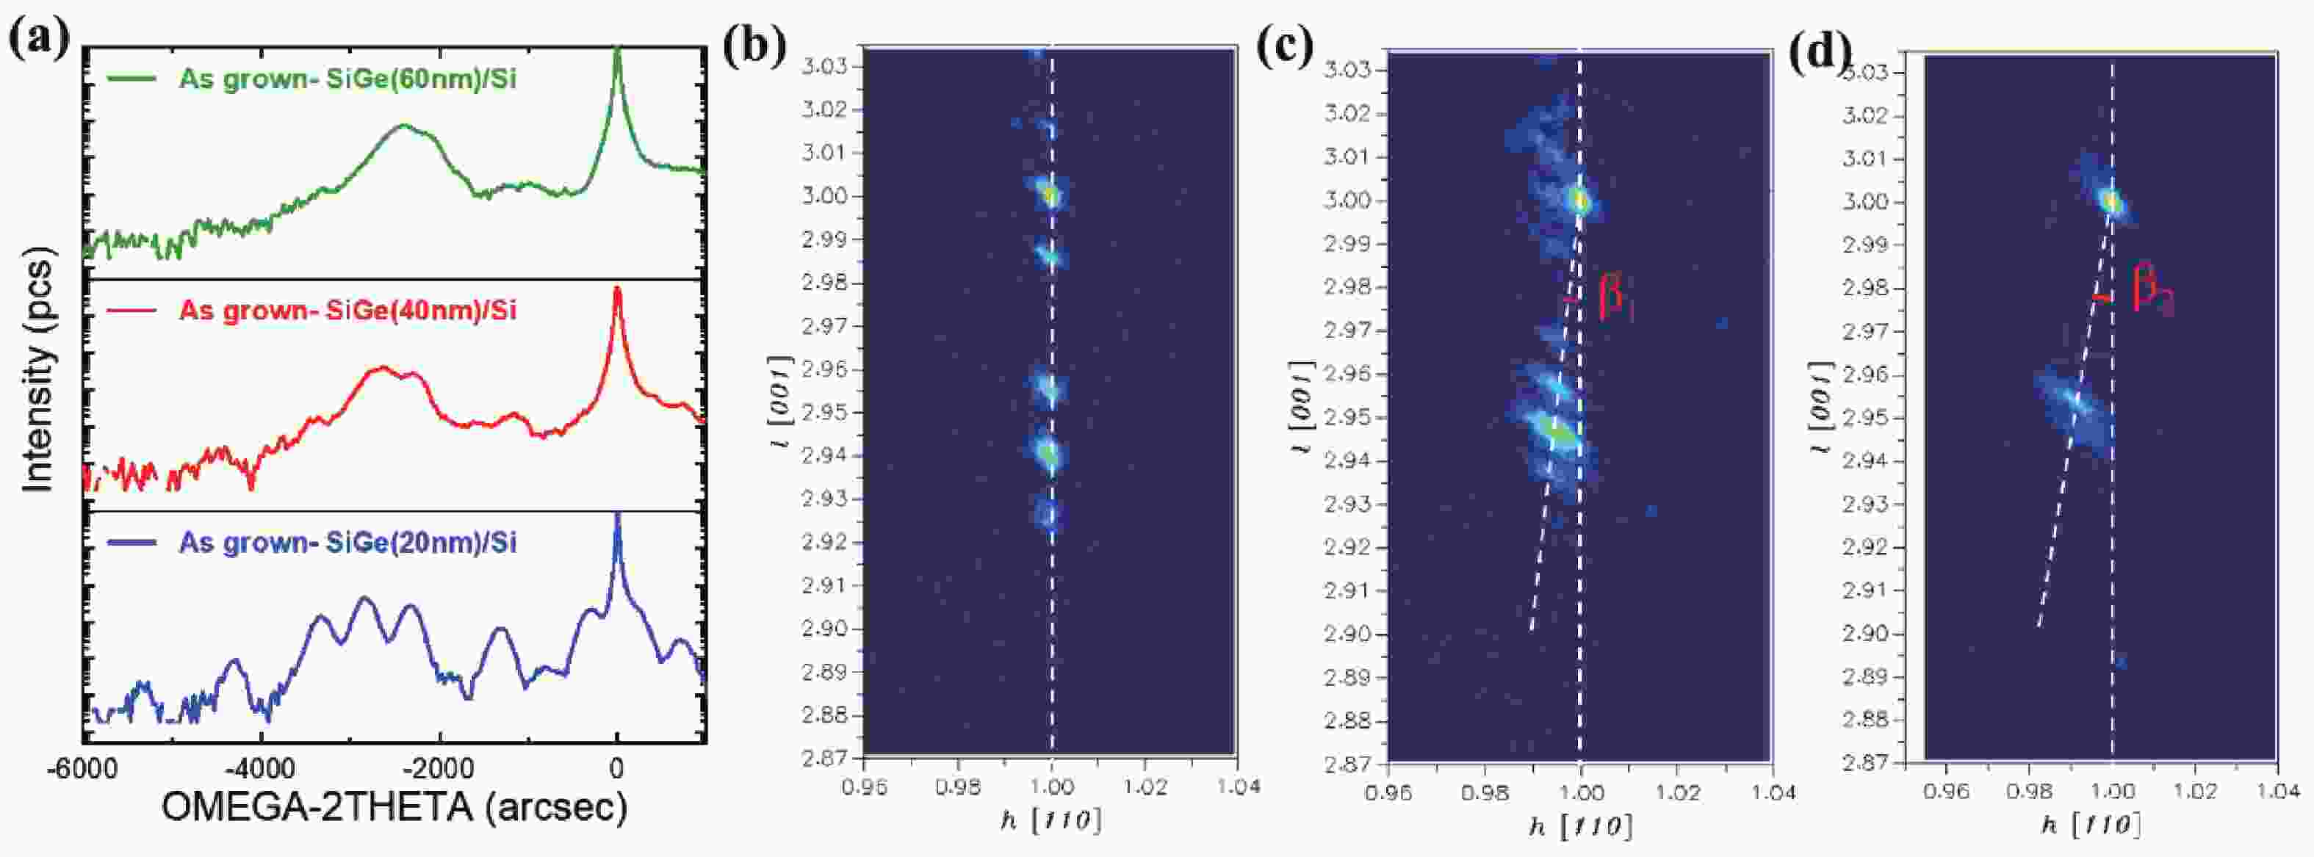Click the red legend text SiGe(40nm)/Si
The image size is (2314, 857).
click(347, 311)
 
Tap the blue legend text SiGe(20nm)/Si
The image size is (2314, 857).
click(347, 543)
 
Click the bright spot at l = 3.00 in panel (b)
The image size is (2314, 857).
click(1049, 193)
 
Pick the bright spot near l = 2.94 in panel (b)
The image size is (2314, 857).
click(1048, 453)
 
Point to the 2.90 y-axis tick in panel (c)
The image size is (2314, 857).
click(1346, 634)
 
